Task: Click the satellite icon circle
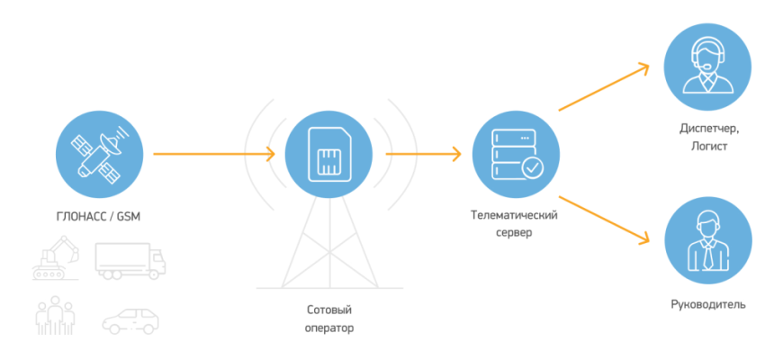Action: coord(98,156)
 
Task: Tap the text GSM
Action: coord(130,217)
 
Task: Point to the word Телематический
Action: coord(515,217)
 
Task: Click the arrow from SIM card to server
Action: coord(423,155)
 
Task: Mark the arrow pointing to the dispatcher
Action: coord(603,87)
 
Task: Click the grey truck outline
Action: coord(130,261)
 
